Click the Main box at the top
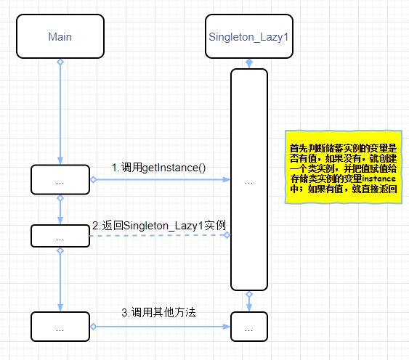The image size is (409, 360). pyautogui.click(x=60, y=36)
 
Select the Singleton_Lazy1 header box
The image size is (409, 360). pyautogui.click(x=249, y=36)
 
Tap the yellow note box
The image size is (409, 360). pyautogui.click(x=344, y=167)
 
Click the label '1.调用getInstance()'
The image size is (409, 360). pyautogui.click(x=158, y=168)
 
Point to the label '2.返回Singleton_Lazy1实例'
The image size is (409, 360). pyautogui.click(x=159, y=226)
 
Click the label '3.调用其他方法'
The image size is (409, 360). pyautogui.click(x=158, y=312)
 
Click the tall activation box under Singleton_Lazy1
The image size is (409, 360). pyautogui.click(x=249, y=179)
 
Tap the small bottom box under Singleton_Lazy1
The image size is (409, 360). pyautogui.click(x=249, y=327)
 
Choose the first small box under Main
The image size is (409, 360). pyautogui.click(x=60, y=179)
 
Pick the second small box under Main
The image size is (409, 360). pyautogui.click(x=60, y=236)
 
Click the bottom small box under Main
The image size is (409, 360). pyautogui.click(x=60, y=327)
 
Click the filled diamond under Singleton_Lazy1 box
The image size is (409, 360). pyautogui.click(x=249, y=63)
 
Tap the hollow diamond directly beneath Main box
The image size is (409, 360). pyautogui.click(x=60, y=62)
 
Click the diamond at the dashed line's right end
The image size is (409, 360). pyautogui.click(x=227, y=235)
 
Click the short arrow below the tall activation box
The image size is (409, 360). pyautogui.click(x=249, y=301)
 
